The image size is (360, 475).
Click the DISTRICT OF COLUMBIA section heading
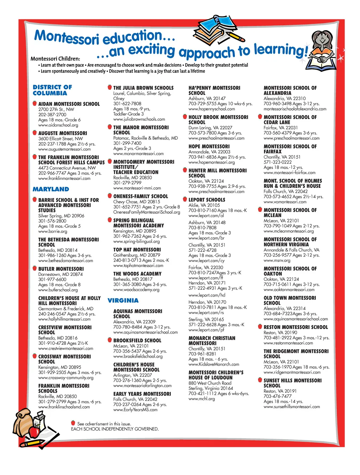coord(52,90)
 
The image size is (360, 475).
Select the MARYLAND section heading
coord(51,189)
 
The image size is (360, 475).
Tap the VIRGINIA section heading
coord(123,300)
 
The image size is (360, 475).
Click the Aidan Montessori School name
coord(69,104)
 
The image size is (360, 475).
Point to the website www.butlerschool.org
coord(58,290)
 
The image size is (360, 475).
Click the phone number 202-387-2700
coord(52,114)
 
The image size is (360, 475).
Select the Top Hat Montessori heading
coord(137,250)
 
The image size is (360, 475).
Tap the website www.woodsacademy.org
coord(136,290)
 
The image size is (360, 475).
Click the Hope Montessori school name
coord(209,146)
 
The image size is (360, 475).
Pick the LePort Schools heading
coord(207,200)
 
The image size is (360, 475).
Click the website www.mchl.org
coord(201,399)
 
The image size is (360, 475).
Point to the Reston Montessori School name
coord(296,327)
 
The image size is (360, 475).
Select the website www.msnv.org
coord(277,260)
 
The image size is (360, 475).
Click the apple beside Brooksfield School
coord(110,340)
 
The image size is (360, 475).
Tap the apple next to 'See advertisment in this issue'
coord(73,423)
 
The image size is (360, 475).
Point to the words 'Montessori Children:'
coord(55,59)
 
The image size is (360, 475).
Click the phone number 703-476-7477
coord(278,396)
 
